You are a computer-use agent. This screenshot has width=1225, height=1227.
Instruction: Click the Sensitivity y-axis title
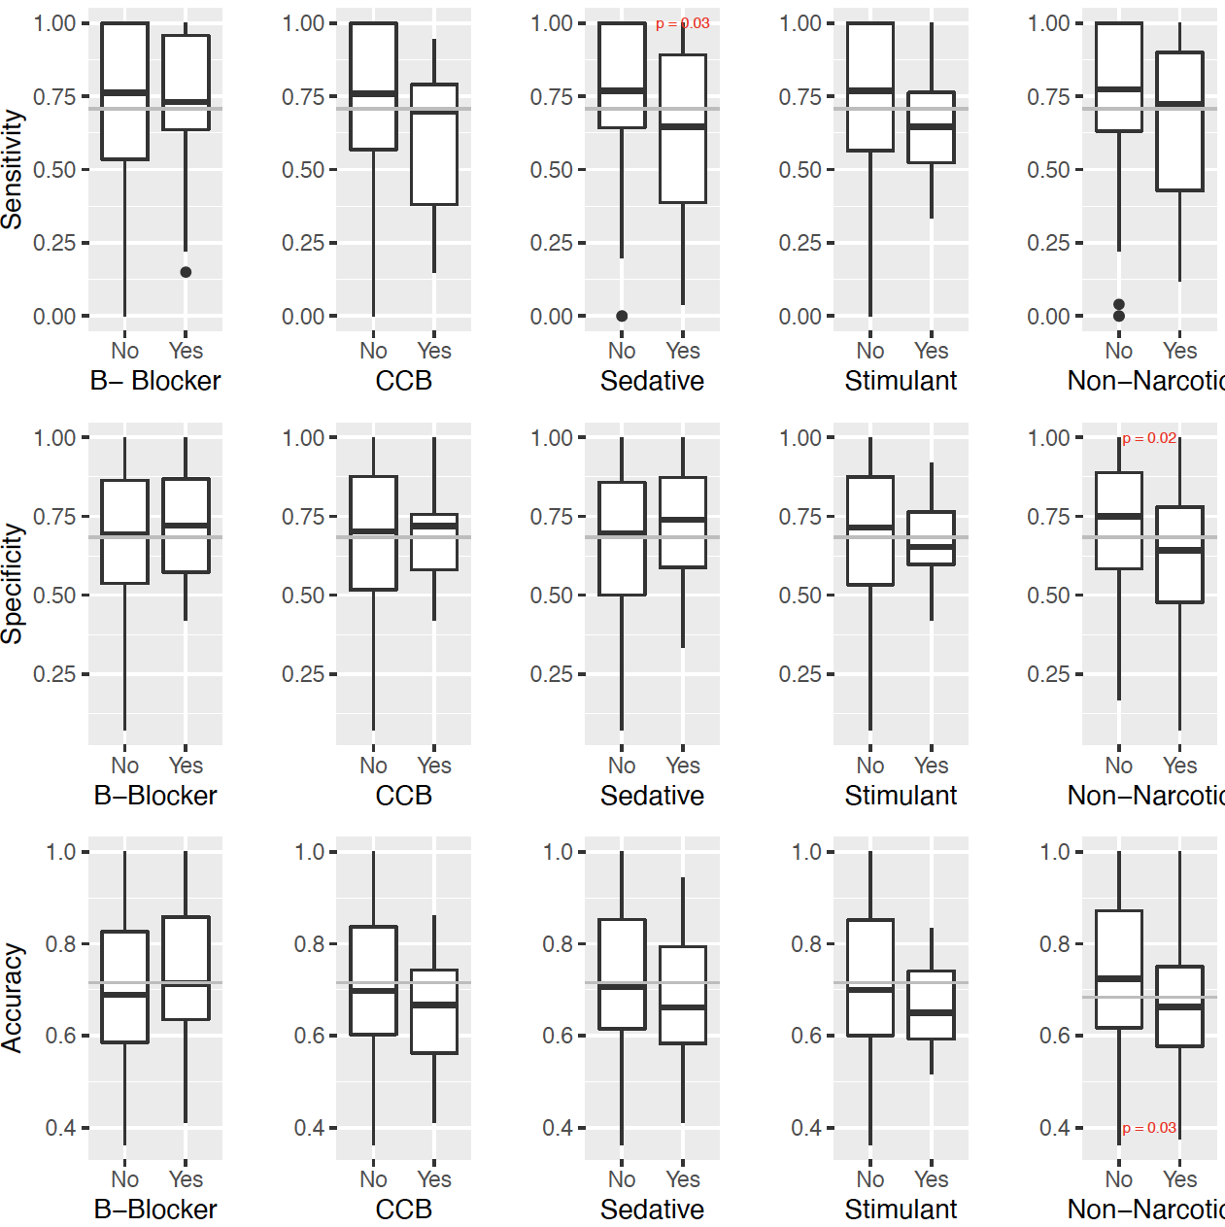pyautogui.click(x=12, y=169)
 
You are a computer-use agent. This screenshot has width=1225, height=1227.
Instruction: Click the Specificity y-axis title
pyautogui.click(x=12, y=584)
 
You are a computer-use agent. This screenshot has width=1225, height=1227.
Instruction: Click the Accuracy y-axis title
pyautogui.click(x=12, y=998)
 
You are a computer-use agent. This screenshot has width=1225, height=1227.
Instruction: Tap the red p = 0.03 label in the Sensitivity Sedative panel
pyautogui.click(x=682, y=23)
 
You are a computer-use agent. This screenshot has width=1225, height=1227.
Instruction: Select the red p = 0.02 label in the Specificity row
pyautogui.click(x=1149, y=438)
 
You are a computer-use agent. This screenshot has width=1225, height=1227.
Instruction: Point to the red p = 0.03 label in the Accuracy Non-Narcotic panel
pyautogui.click(x=1149, y=1128)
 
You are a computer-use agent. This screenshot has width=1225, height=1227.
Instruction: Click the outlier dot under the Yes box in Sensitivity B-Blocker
pyautogui.click(x=186, y=272)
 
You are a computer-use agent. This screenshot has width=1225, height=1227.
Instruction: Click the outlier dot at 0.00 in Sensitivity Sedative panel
pyautogui.click(x=622, y=316)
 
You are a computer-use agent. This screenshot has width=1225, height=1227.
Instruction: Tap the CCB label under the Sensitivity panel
pyautogui.click(x=403, y=381)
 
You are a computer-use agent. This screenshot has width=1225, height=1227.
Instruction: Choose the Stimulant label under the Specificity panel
pyautogui.click(x=901, y=796)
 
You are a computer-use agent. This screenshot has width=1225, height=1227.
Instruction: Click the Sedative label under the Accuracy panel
pyautogui.click(x=652, y=1210)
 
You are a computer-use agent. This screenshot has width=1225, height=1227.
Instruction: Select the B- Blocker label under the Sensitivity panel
pyautogui.click(x=155, y=381)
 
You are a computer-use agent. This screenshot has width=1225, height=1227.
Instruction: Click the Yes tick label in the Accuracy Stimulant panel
pyautogui.click(x=931, y=1179)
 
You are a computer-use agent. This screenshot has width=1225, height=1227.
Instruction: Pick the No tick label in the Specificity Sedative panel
pyautogui.click(x=622, y=766)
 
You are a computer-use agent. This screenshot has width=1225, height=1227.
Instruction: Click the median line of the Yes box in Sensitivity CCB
pyautogui.click(x=434, y=113)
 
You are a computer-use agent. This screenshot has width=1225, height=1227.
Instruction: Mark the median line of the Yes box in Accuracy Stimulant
pyautogui.click(x=931, y=1012)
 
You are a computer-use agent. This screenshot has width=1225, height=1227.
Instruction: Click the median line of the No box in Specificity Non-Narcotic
pyautogui.click(x=1119, y=516)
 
